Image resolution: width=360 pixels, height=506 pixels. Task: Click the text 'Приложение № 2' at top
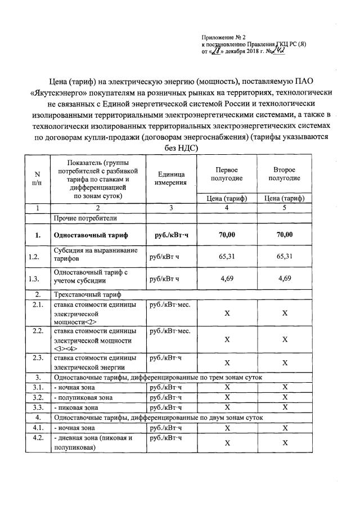[x=224, y=37]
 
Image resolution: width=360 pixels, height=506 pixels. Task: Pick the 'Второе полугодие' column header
[x=284, y=174]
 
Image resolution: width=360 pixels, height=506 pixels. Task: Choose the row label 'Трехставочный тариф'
[x=86, y=294]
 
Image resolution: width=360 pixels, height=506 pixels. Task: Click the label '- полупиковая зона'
[x=83, y=397]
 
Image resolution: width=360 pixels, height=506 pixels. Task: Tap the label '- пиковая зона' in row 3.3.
[x=78, y=407]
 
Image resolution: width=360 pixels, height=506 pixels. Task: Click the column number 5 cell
[x=284, y=208]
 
